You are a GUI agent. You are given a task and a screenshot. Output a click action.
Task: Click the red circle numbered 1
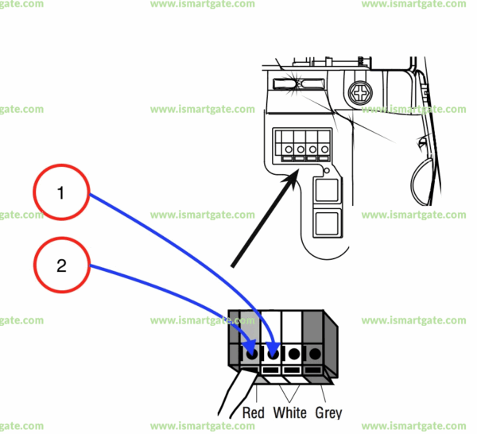[x=61, y=193]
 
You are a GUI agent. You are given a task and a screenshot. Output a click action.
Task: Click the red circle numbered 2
[x=61, y=265]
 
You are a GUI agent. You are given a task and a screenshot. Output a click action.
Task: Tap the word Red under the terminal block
[x=253, y=413]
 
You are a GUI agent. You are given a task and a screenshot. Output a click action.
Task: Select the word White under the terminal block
[x=289, y=413]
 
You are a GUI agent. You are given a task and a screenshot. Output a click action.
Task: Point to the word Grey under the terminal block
[x=328, y=413]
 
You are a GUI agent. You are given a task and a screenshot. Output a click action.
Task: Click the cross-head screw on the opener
[x=361, y=93]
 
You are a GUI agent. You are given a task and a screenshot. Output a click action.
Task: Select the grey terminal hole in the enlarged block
[x=316, y=353]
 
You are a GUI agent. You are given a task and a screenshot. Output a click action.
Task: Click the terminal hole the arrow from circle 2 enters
[x=253, y=353]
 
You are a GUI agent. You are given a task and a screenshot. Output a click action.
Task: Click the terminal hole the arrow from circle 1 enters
[x=274, y=353]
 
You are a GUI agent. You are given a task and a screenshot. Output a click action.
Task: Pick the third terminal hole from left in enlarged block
[x=295, y=353]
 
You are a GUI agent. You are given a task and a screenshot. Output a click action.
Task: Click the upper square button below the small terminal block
[x=326, y=191]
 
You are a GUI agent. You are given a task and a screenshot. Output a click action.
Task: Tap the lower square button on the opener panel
[x=326, y=223]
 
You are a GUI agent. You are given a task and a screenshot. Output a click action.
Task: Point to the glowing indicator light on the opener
[x=289, y=82]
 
